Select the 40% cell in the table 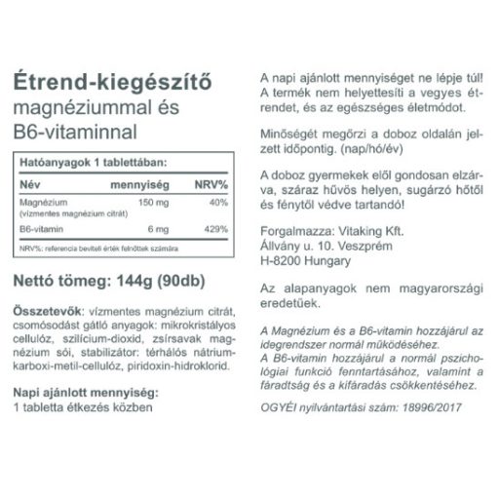(218, 201)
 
